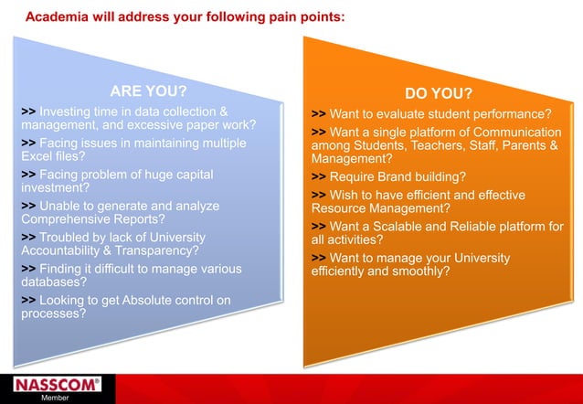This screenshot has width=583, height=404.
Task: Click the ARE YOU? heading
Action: click(x=148, y=91)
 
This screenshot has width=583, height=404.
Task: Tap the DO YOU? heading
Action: click(x=439, y=94)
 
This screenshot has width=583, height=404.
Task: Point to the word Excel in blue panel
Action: click(x=39, y=156)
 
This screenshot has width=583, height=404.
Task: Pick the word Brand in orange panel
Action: click(x=401, y=176)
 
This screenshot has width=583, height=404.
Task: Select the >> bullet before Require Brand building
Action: click(x=318, y=176)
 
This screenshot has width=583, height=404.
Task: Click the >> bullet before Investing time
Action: click(x=28, y=111)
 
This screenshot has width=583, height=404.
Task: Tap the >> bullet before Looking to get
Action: click(x=28, y=299)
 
